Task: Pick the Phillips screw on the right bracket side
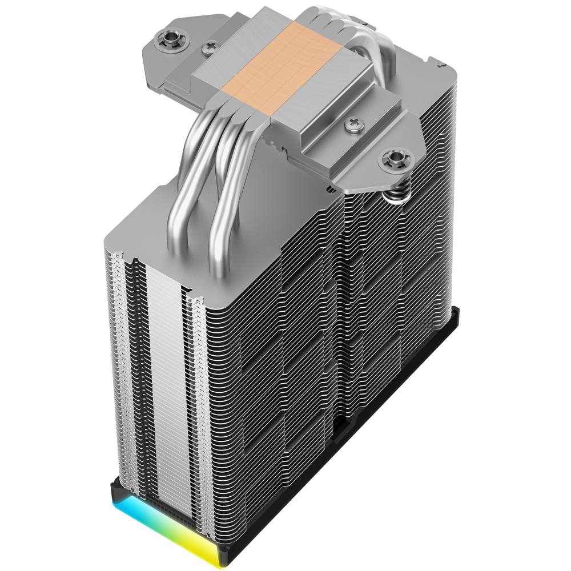(352, 122)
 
